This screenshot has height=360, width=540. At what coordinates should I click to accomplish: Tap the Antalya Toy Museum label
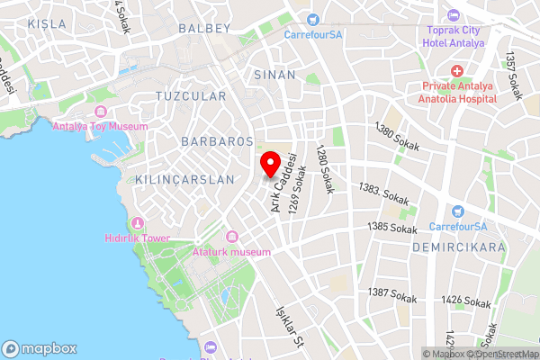click(99, 127)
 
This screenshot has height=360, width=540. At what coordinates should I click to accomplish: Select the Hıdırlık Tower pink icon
click(138, 222)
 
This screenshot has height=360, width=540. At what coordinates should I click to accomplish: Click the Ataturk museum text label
click(231, 252)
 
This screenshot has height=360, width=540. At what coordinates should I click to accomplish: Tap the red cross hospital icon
click(457, 70)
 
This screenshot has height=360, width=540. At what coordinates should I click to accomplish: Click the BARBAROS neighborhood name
click(217, 142)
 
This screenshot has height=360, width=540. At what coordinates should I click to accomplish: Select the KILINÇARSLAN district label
click(184, 180)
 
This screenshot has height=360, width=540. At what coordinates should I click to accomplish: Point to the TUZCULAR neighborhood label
click(191, 95)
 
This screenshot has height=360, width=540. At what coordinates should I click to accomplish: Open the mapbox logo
click(40, 349)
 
